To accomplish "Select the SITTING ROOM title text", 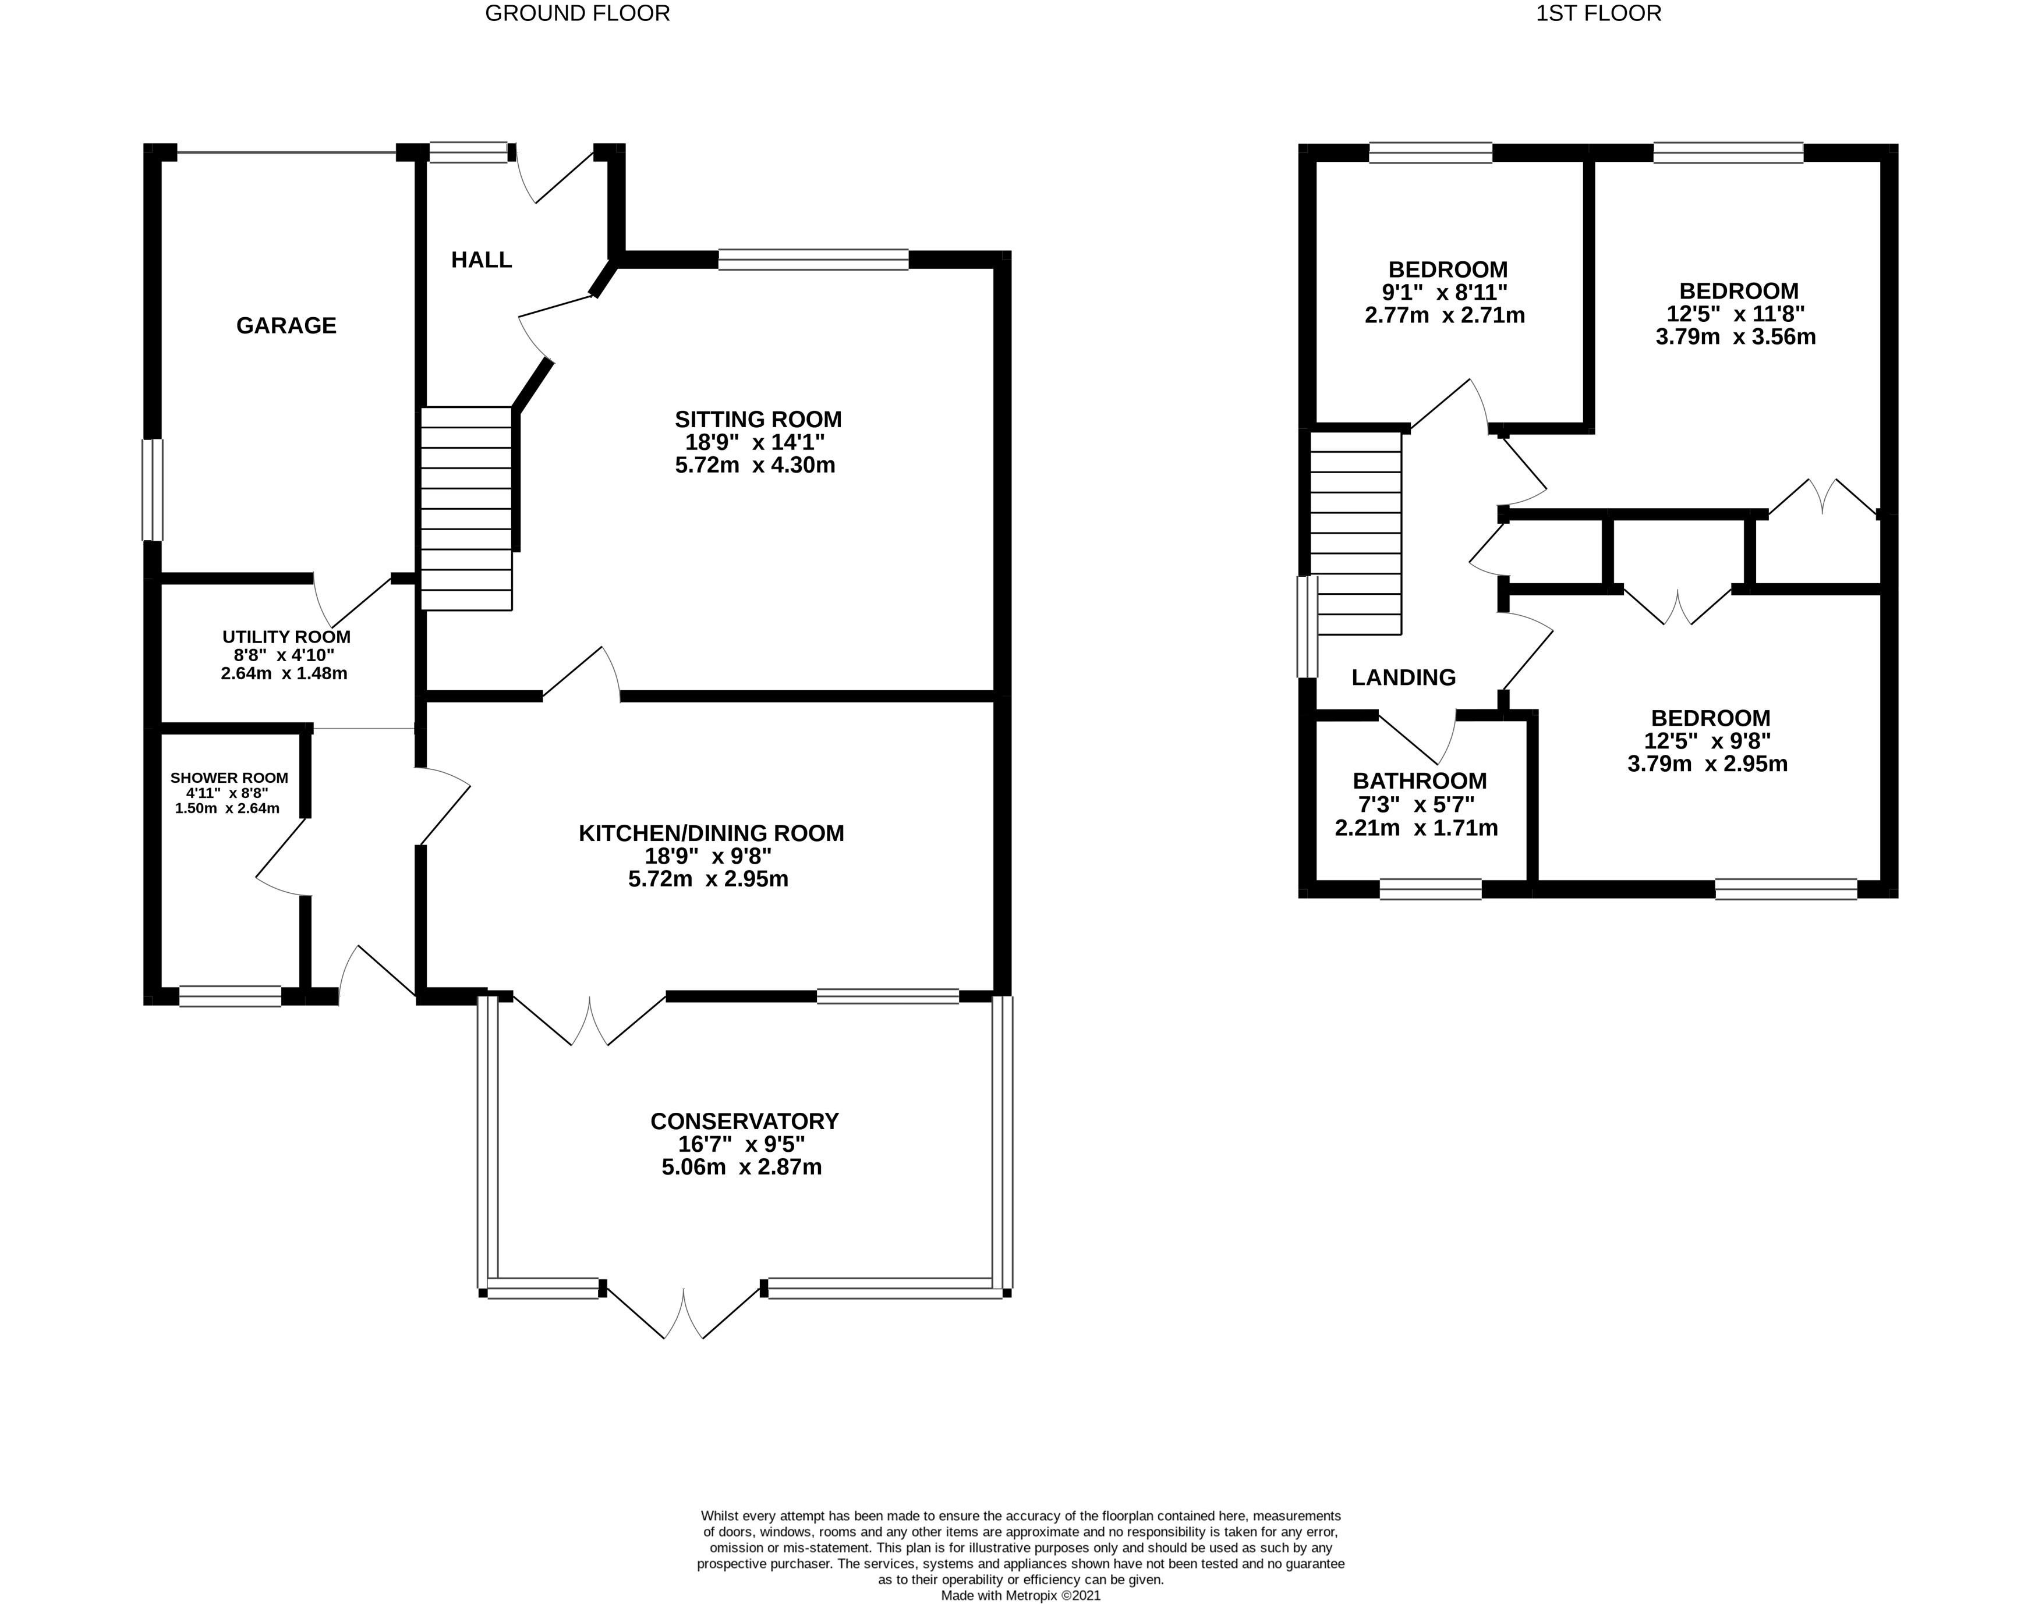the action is tap(758, 419).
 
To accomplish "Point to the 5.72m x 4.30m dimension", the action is tap(755, 465).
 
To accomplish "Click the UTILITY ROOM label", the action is tap(286, 637).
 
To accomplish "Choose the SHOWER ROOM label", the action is tap(229, 778).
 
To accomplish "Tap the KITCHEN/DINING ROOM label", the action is tap(711, 833).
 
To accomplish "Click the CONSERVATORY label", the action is tap(744, 1122).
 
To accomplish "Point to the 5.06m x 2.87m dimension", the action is tap(742, 1167).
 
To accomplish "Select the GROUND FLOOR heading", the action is tap(578, 13).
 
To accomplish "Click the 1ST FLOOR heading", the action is tap(1599, 13).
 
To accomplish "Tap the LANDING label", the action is tap(1403, 677).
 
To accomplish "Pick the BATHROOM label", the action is tap(1419, 782).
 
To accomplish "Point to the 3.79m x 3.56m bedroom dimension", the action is tap(1736, 337).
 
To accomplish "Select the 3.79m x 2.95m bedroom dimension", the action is tap(1708, 764).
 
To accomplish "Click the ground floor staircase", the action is tap(466, 508).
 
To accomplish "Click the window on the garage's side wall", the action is tap(152, 490).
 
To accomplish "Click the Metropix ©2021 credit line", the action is tap(1021, 1595).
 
